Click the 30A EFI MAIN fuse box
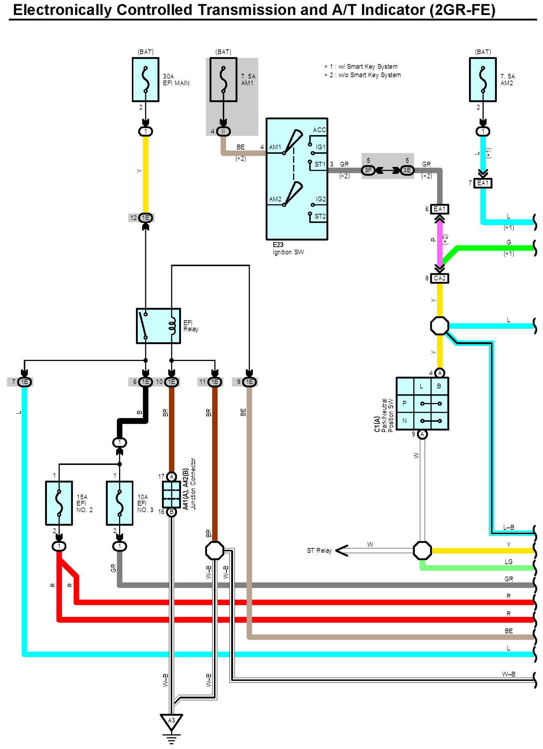click(x=145, y=80)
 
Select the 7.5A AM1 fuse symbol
click(x=223, y=80)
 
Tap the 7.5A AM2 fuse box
click(x=483, y=80)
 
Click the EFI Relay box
click(x=158, y=326)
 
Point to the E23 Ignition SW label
click(x=288, y=248)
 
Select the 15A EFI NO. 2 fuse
click(x=59, y=503)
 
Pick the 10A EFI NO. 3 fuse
click(x=120, y=503)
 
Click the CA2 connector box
click(x=440, y=278)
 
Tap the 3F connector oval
click(x=368, y=170)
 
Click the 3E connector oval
click(x=407, y=170)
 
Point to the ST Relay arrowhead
click(x=342, y=550)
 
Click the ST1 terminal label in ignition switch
click(x=320, y=164)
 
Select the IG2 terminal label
click(x=321, y=199)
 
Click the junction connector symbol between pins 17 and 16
click(x=171, y=494)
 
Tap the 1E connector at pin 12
click(x=145, y=218)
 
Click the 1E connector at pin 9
click(x=249, y=382)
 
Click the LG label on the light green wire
click(x=508, y=562)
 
